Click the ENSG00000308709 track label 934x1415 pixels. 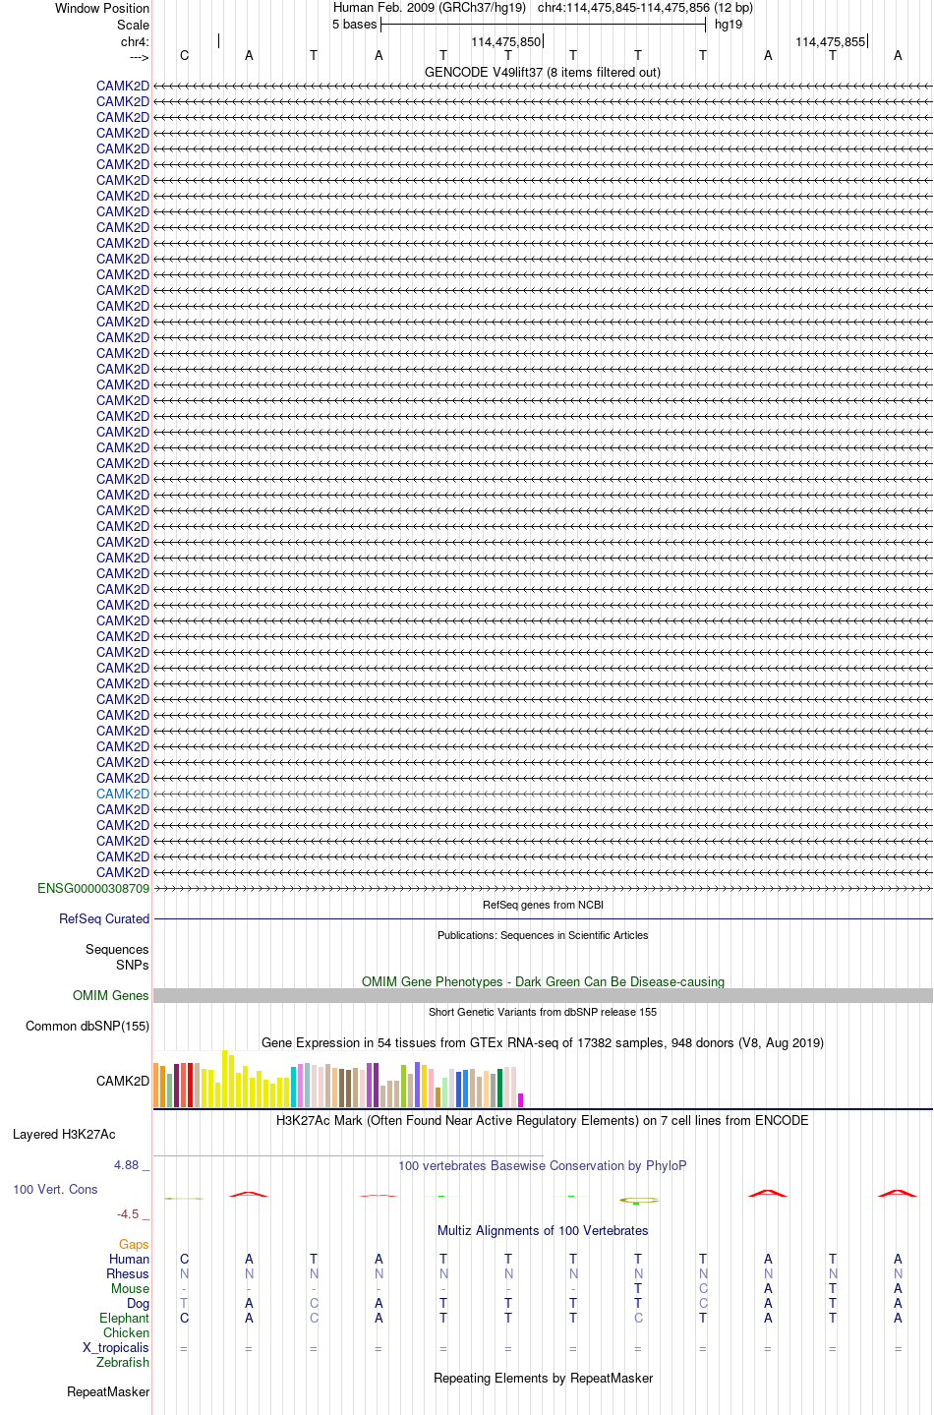coord(93,888)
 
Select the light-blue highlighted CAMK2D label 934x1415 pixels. coord(123,794)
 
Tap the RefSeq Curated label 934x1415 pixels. coord(104,918)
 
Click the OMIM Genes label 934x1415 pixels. coord(111,995)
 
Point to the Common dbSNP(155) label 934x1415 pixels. coord(88,1026)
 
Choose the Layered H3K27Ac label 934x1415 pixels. coord(64,1134)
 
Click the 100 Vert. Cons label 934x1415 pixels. coord(55,1189)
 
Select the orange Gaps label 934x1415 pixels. coord(134,1244)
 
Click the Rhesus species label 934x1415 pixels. coord(128,1273)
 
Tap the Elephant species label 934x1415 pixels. coord(124,1318)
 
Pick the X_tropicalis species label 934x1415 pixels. coord(116,1347)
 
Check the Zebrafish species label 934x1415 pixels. coord(123,1362)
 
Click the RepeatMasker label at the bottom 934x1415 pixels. coord(108,1391)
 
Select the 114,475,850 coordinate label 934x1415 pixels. coord(505,42)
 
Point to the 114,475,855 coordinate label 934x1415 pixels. coord(830,42)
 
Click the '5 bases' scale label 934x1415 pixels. coord(354,25)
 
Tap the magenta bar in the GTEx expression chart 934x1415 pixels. coord(521,1099)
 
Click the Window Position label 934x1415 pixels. coord(102,8)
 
